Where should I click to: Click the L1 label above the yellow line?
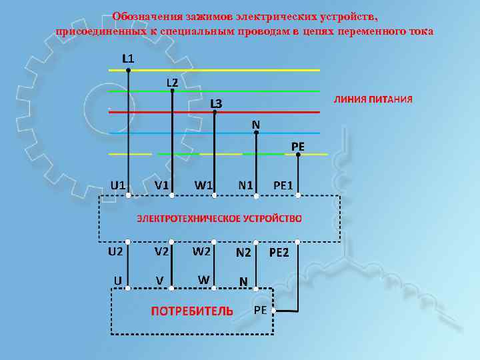pyautogui.click(x=128, y=58)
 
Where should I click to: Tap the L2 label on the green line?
pyautogui.click(x=172, y=82)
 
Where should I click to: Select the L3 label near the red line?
pyautogui.click(x=216, y=103)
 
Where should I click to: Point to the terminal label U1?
pyautogui.click(x=119, y=183)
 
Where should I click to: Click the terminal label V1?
pyautogui.click(x=161, y=184)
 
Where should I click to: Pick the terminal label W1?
pyautogui.click(x=203, y=184)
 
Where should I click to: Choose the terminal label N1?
pyautogui.click(x=245, y=184)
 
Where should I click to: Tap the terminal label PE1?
pyautogui.click(x=287, y=185)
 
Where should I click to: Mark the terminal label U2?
pyautogui.click(x=116, y=251)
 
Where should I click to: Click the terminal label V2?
pyautogui.click(x=161, y=252)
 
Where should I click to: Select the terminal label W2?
pyautogui.click(x=202, y=252)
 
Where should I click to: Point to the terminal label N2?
pyautogui.click(x=243, y=253)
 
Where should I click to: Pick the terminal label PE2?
pyautogui.click(x=279, y=253)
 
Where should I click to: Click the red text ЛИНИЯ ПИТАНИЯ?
pyautogui.click(x=373, y=99)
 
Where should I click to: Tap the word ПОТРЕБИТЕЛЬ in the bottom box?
pyautogui.click(x=192, y=311)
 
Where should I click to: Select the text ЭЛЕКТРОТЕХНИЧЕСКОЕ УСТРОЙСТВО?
pyautogui.click(x=219, y=218)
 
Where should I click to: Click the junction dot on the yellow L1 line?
pyautogui.click(x=129, y=70)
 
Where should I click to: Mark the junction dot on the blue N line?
pyautogui.click(x=257, y=133)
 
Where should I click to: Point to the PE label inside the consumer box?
pyautogui.click(x=261, y=311)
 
